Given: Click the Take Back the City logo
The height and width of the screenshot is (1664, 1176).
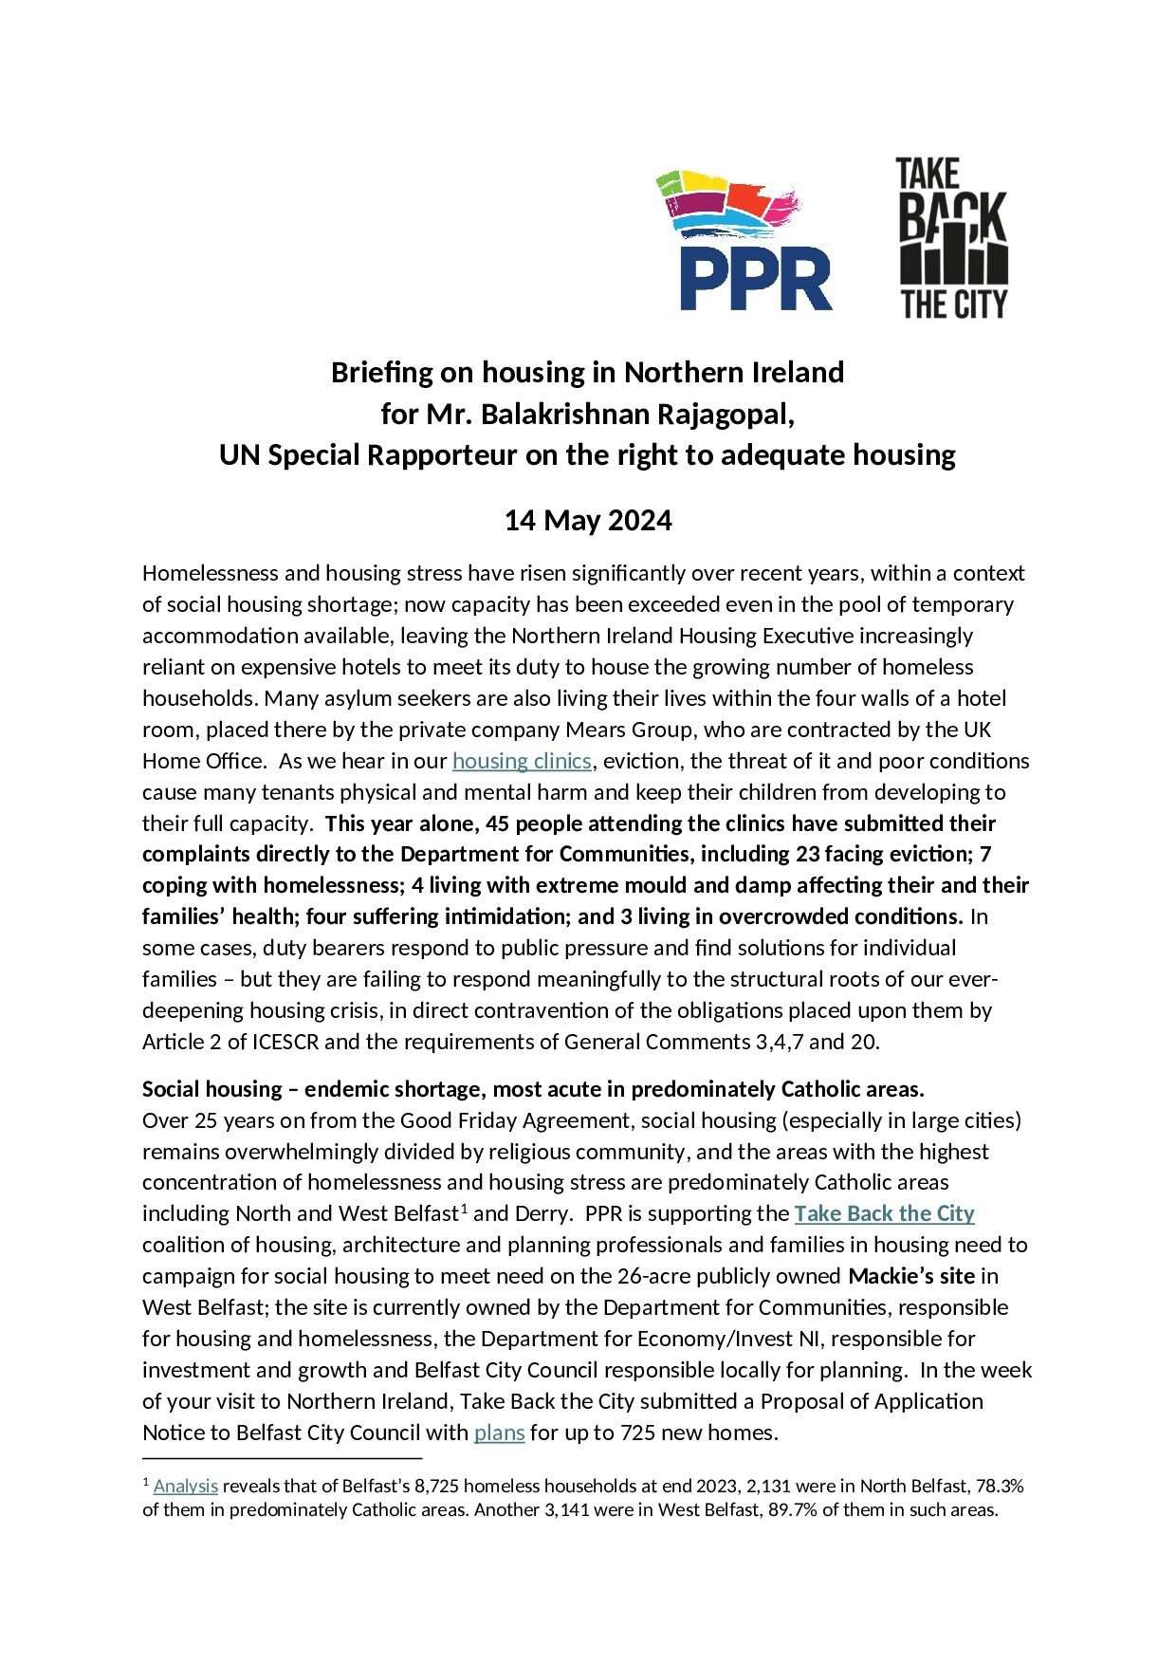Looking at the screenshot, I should pyautogui.click(x=953, y=238).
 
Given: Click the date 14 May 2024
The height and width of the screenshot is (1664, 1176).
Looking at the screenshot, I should pyautogui.click(x=587, y=521).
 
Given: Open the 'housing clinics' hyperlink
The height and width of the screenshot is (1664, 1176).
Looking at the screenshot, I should pyautogui.click(x=522, y=761).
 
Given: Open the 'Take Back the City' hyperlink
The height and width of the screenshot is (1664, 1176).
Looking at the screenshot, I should pyautogui.click(x=884, y=1213).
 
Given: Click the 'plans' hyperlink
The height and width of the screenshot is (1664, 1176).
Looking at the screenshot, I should pyautogui.click(x=499, y=1433).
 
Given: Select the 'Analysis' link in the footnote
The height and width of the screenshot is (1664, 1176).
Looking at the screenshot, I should pyautogui.click(x=186, y=1487).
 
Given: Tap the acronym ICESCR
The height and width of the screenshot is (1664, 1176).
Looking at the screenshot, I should pyautogui.click(x=285, y=1042).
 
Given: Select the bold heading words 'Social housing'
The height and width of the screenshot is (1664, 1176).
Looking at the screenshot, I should pyautogui.click(x=212, y=1089).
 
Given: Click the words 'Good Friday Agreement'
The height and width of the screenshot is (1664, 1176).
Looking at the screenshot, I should pyautogui.click(x=515, y=1120).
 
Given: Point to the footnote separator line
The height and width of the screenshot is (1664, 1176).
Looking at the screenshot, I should pyautogui.click(x=282, y=1458).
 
